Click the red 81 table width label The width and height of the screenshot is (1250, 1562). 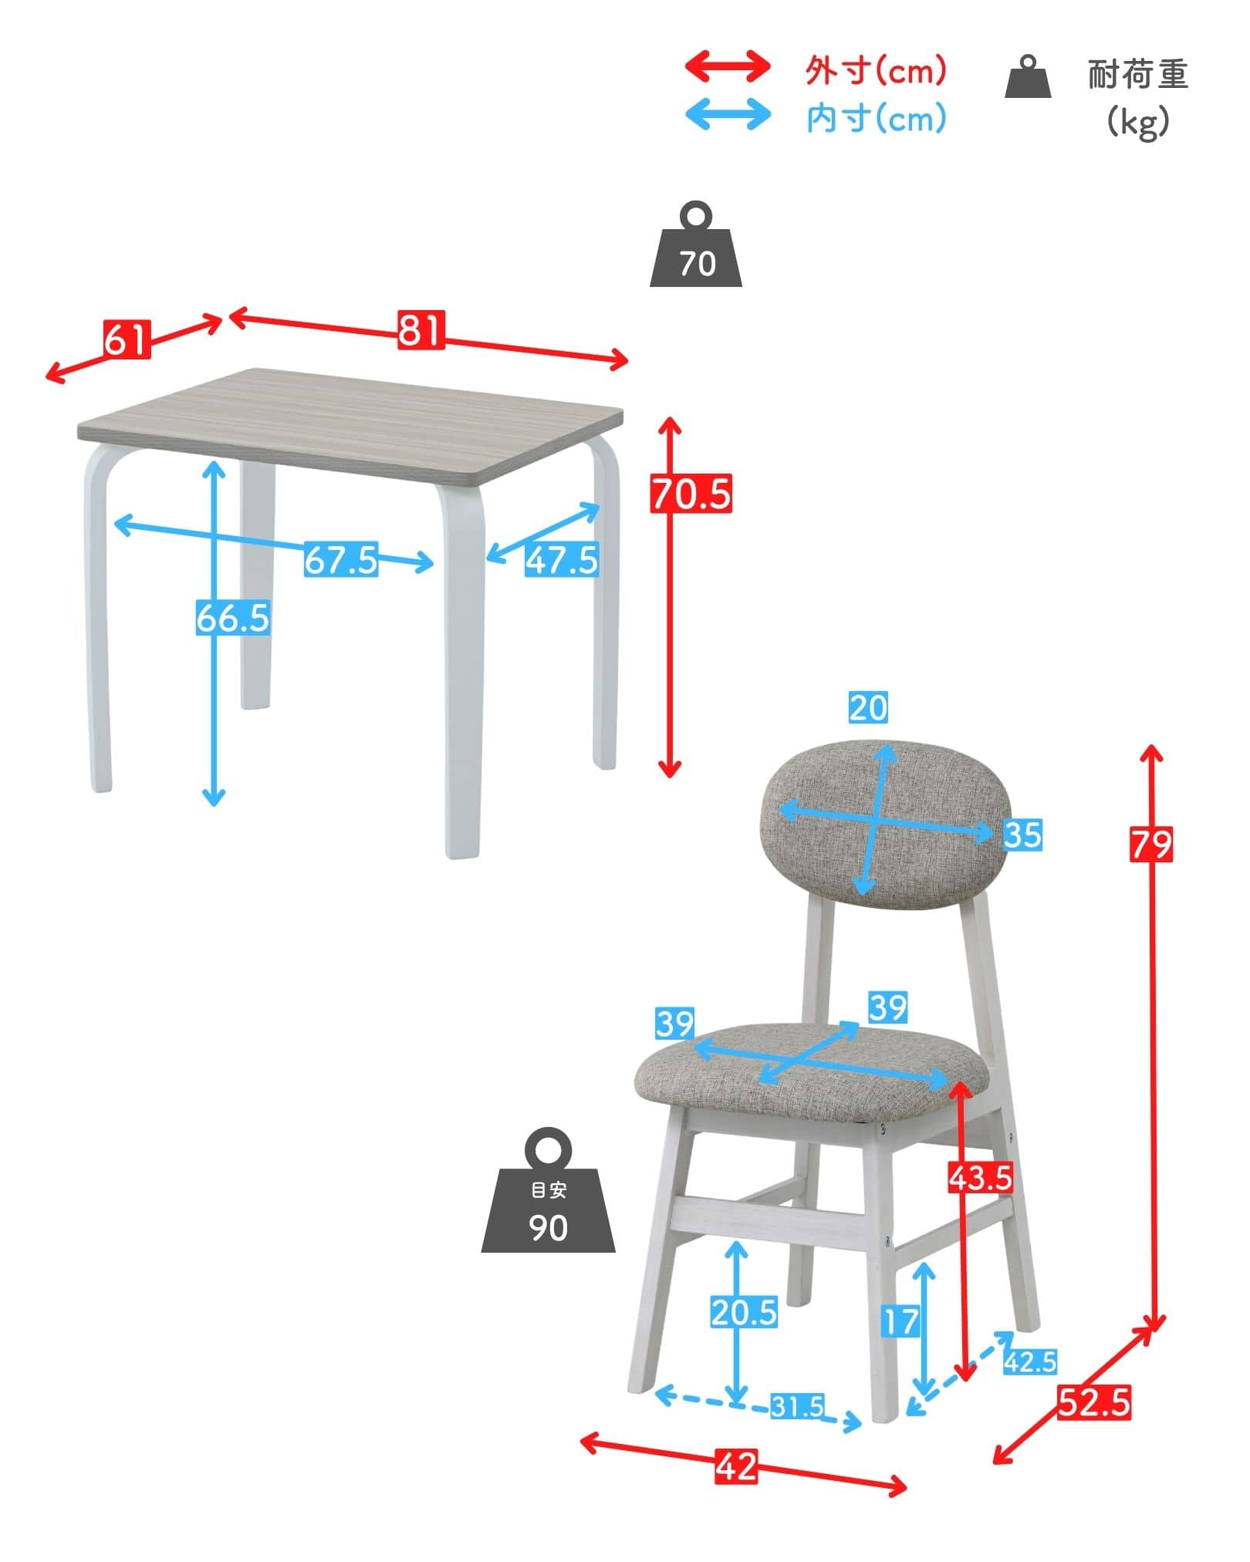(x=421, y=329)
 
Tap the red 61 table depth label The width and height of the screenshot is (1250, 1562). (x=127, y=339)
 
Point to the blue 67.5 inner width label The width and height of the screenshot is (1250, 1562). (x=340, y=559)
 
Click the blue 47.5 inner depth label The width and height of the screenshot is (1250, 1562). (x=562, y=559)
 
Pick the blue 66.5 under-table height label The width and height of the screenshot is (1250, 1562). (x=232, y=618)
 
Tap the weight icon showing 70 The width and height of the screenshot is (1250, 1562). (x=696, y=245)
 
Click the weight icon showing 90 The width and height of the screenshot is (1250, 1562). (x=549, y=1190)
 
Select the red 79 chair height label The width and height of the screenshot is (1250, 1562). (x=1151, y=843)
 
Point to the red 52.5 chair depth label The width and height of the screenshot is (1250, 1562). (x=1094, y=1402)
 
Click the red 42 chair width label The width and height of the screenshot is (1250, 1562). (x=736, y=1466)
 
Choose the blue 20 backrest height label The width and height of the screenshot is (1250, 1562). (x=869, y=707)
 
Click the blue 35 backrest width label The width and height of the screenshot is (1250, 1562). (x=1023, y=835)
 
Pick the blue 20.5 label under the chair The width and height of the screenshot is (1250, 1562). (x=744, y=1312)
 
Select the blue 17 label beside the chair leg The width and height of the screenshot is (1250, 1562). (x=901, y=1322)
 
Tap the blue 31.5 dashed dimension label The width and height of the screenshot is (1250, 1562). (x=798, y=1406)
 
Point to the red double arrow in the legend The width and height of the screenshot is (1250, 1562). (x=728, y=66)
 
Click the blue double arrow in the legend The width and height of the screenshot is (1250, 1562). (x=728, y=114)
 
